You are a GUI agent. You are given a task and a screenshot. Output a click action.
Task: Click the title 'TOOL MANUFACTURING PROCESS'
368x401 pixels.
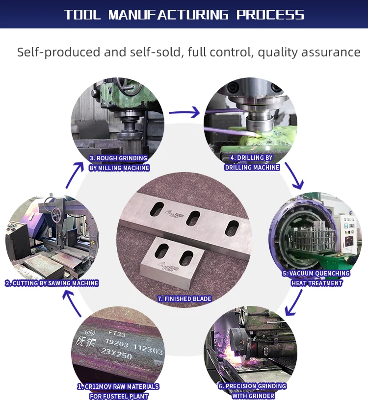point(184,14)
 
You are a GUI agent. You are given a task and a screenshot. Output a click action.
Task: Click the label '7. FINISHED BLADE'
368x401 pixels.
point(184,299)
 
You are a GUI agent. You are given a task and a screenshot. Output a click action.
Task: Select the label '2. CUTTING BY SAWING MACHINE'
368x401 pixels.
point(52,283)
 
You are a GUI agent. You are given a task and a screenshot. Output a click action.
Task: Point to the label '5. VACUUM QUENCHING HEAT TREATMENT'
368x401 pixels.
point(316,278)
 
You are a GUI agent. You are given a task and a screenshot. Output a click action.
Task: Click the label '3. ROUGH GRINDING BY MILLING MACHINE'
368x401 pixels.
point(119,163)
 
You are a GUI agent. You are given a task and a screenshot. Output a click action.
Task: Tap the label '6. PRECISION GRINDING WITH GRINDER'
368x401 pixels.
point(252,391)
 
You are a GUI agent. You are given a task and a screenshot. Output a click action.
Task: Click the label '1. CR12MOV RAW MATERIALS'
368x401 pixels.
point(118,387)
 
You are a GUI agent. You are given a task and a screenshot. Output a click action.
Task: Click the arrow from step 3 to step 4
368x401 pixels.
point(184,113)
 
